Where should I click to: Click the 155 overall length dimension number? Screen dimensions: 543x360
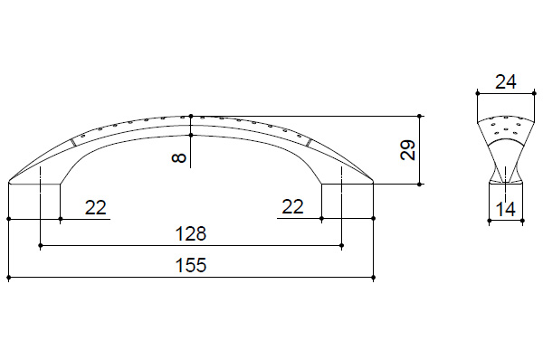pos(191,265)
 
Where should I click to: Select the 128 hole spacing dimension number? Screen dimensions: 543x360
pos(191,233)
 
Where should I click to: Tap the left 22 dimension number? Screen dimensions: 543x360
pos(96,208)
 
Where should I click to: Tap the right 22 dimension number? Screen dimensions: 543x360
pos(292,206)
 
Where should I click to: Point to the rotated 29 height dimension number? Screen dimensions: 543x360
pos(407,150)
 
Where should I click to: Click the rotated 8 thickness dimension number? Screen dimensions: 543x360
pos(179,158)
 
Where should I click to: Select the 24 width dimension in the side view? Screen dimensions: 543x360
pos(506,82)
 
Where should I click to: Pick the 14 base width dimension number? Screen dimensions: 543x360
pos(506,210)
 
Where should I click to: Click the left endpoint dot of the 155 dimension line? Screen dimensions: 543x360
pos(9,278)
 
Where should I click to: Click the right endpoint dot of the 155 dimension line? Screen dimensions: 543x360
pos(373,278)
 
